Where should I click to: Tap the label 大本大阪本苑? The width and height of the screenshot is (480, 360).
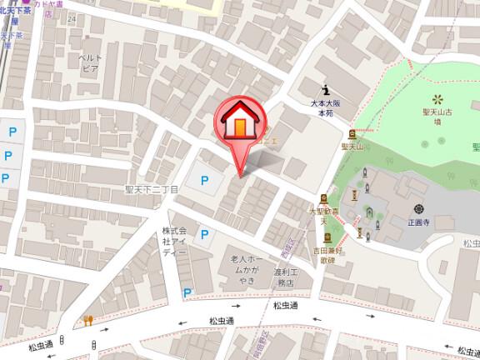tap(322, 109)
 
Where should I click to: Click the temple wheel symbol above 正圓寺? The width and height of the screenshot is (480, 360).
tap(417, 207)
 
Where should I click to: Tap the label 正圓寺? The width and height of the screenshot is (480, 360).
tap(417, 223)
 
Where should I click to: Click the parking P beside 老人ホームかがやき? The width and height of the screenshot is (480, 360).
tap(203, 237)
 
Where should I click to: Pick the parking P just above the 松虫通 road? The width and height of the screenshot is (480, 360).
tap(187, 292)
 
